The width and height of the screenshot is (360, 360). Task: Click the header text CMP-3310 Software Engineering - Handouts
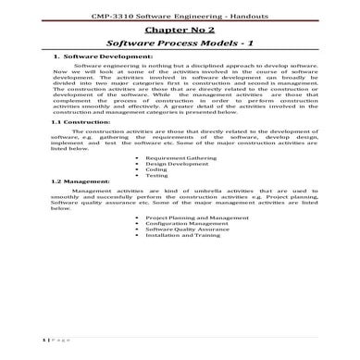click(x=180, y=19)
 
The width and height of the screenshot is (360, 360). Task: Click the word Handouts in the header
click(x=246, y=19)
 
